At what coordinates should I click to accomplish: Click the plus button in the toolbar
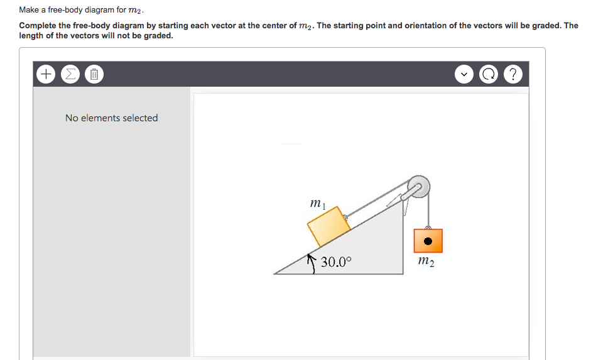pyautogui.click(x=46, y=75)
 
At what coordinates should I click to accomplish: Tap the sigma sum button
pyautogui.click(x=68, y=75)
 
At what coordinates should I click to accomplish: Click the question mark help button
pyautogui.click(x=513, y=75)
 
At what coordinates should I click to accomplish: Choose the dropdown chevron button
pyautogui.click(x=464, y=75)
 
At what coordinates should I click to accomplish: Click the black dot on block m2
pyautogui.click(x=428, y=240)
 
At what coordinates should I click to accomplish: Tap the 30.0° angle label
pyautogui.click(x=337, y=262)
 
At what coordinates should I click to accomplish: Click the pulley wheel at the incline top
pyautogui.click(x=418, y=185)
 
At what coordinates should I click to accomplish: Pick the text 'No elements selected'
pyautogui.click(x=111, y=117)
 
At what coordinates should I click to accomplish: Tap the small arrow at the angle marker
pyautogui.click(x=310, y=258)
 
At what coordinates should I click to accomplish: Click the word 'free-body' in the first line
pyautogui.click(x=75, y=10)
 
